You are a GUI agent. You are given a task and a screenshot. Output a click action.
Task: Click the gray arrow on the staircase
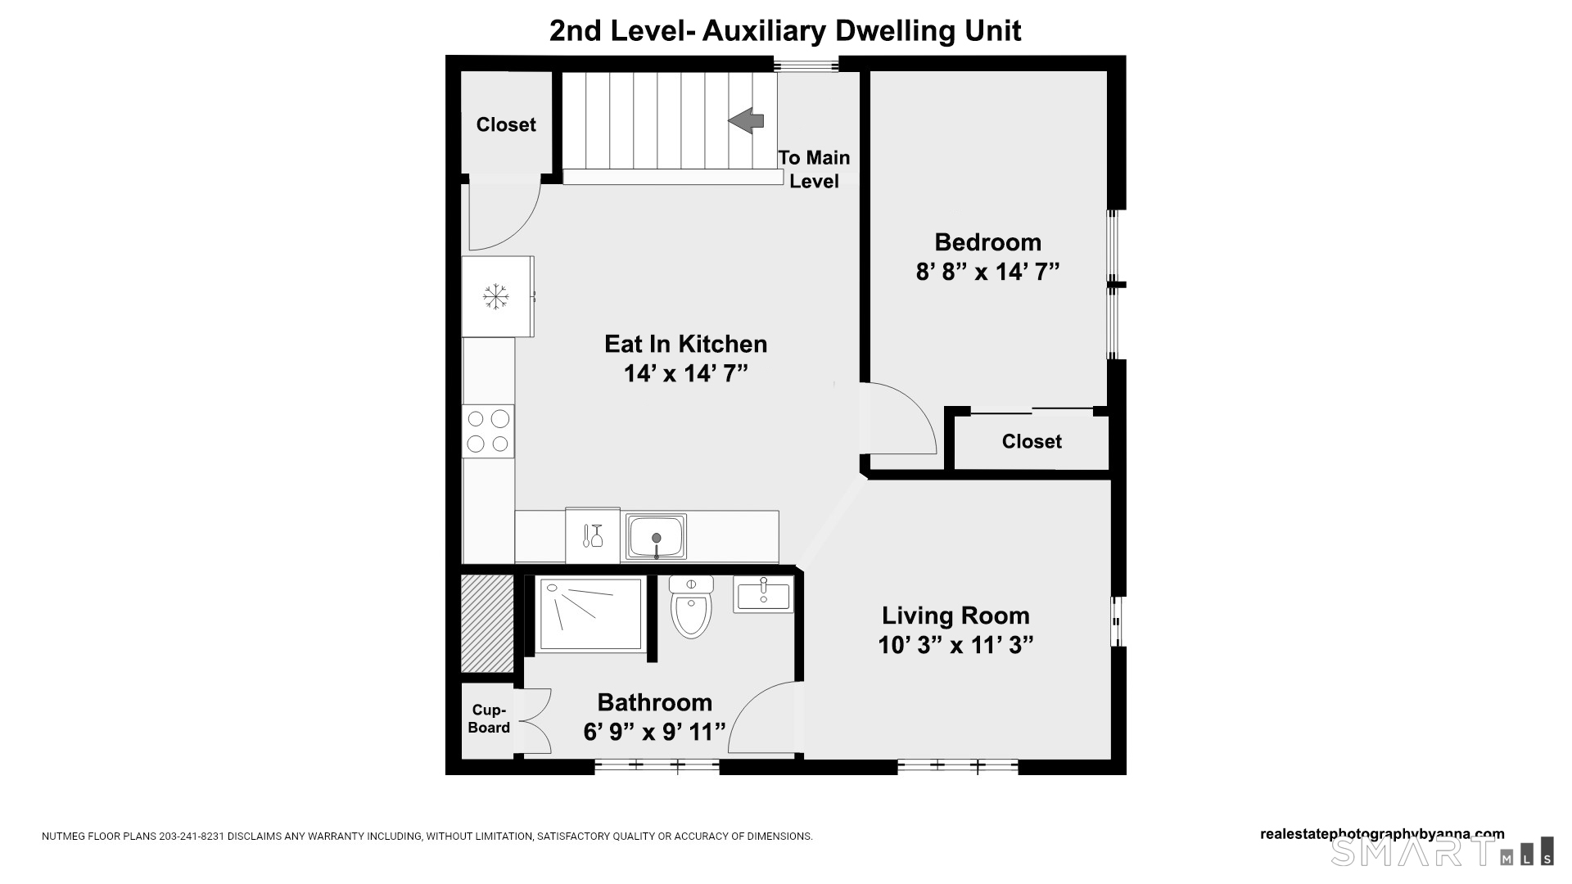click(x=746, y=120)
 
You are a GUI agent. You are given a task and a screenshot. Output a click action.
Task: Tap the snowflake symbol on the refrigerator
click(x=495, y=296)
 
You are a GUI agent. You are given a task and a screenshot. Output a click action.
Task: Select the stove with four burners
click(x=488, y=431)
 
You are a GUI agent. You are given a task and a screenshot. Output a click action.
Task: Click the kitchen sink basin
click(x=656, y=537)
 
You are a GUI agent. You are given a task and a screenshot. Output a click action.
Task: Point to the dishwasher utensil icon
click(x=593, y=536)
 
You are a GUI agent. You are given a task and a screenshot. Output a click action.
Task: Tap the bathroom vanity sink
click(x=763, y=594)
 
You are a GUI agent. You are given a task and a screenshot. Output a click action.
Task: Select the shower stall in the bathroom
click(x=590, y=616)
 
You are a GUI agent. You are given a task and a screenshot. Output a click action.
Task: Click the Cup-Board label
click(x=490, y=719)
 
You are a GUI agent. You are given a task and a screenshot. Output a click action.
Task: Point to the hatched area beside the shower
click(x=487, y=623)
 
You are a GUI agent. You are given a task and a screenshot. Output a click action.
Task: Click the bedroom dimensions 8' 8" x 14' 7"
click(x=988, y=272)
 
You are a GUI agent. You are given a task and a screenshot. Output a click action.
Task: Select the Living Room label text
click(x=955, y=616)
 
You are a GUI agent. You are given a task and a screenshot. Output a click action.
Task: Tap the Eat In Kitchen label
click(x=686, y=344)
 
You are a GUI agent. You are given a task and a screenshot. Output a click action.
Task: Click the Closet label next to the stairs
click(x=506, y=124)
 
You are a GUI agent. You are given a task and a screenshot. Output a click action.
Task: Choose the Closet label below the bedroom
click(x=1032, y=441)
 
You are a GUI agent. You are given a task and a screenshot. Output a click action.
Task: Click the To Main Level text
click(x=814, y=169)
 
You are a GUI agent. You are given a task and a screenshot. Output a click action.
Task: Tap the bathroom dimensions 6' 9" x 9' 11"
click(x=655, y=732)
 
